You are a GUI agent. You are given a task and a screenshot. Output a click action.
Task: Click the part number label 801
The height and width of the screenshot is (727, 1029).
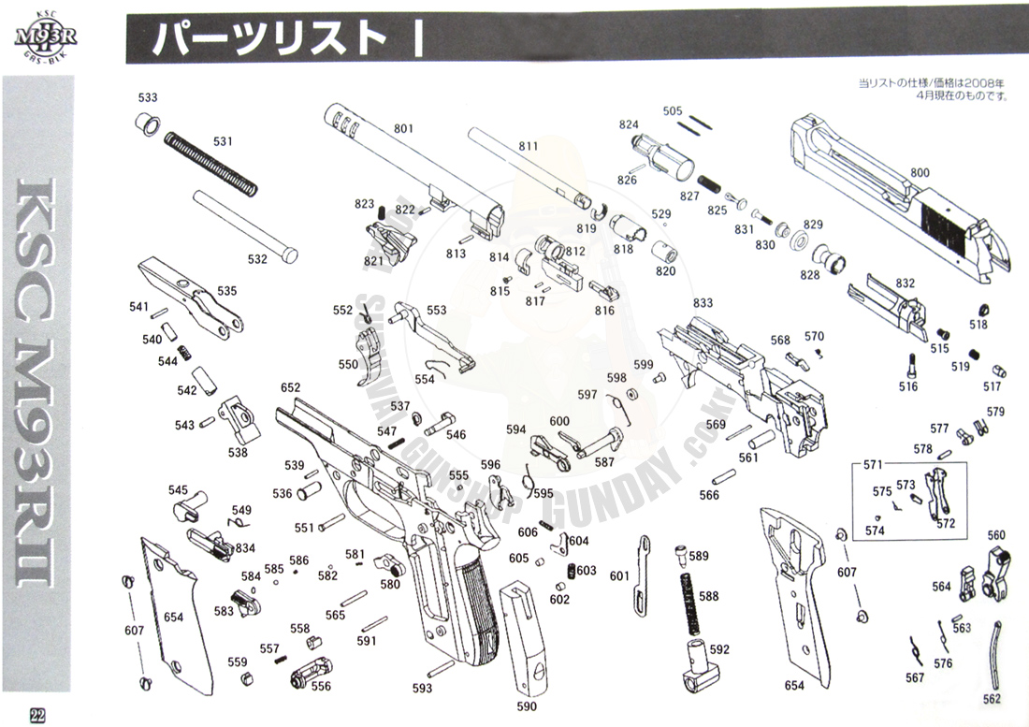tap(403, 128)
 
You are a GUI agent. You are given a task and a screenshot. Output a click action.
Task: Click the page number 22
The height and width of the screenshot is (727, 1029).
tap(37, 714)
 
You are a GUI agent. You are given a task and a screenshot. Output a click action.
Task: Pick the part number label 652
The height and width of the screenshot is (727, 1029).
tap(290, 387)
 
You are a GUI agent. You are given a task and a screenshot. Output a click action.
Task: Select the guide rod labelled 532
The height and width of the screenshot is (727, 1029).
tap(245, 225)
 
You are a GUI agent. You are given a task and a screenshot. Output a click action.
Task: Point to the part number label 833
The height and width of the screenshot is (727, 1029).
tap(703, 303)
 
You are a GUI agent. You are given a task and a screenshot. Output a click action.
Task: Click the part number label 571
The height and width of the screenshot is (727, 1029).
tap(873, 465)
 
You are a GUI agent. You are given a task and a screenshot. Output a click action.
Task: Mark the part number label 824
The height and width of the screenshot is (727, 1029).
tap(629, 124)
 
